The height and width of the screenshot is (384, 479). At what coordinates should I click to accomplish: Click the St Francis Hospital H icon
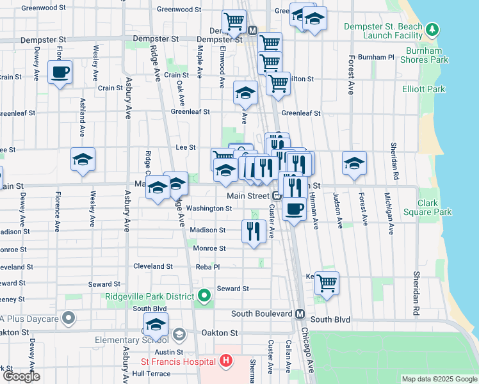pos(225,362)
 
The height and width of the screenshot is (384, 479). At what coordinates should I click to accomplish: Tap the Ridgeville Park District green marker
pos(204,296)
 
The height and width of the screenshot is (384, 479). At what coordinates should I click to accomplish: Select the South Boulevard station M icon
pos(300,314)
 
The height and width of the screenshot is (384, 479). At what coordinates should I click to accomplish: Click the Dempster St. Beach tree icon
pos(433,29)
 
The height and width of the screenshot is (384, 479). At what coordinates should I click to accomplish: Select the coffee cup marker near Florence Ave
pos(60,72)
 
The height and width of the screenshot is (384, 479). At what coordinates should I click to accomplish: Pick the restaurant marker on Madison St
pos(254,231)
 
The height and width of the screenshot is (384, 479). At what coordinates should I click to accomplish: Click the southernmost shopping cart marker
pos(327,282)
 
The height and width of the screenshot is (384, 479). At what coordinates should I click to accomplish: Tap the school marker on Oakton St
pos(155,325)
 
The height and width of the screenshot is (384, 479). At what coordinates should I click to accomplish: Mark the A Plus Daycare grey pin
pos(70,318)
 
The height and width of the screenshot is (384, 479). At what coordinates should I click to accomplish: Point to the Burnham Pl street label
pos(377,57)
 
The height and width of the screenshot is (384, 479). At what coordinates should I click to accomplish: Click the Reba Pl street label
pos(207,266)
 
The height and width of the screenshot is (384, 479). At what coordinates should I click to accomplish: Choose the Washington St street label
pos(209,209)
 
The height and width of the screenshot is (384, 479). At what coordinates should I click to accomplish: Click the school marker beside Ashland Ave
pos(83,159)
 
